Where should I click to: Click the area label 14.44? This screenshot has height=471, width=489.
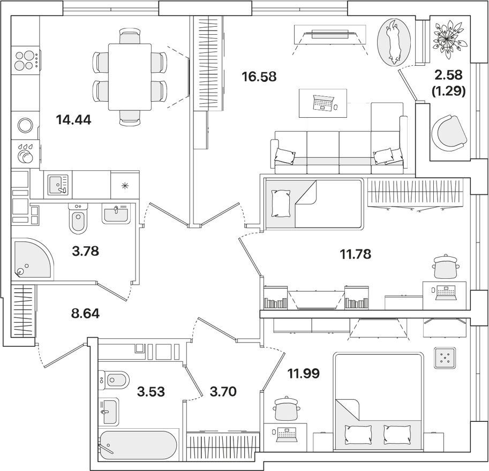pos(73,119)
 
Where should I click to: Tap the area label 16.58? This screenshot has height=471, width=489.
pos(259,77)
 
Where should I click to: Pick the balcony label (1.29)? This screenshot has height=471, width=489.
pos(448,92)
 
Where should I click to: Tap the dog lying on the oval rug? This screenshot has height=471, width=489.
pos(395,41)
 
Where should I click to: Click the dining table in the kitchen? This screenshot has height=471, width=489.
pos(130,77)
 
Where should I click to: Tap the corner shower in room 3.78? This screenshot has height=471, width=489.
pos(31,259)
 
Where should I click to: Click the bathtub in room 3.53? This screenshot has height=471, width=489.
pos(139,443)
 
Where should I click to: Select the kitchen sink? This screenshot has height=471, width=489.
pos(57,185)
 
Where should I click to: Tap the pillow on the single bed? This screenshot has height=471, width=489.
pos(281,204)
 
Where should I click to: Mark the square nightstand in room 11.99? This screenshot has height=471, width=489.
pos(444,358)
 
